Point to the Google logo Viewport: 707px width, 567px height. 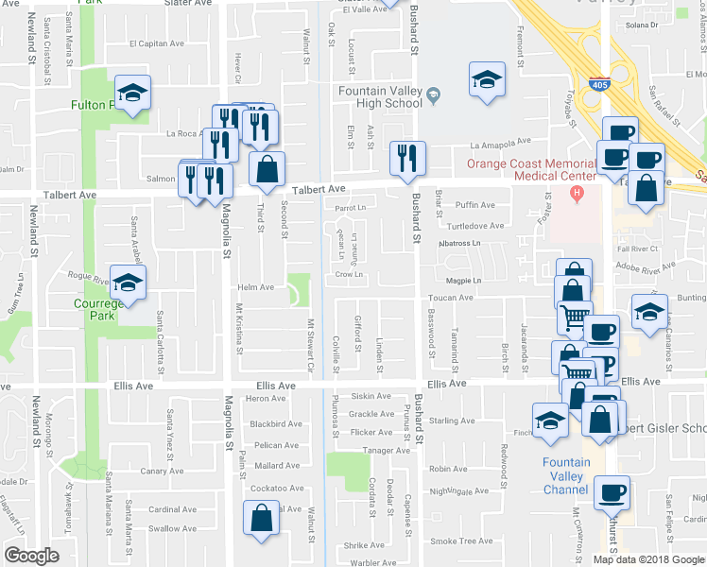tap(31, 555)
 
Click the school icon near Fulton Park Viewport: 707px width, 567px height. tap(132, 94)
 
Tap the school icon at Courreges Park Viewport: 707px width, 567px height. tap(129, 283)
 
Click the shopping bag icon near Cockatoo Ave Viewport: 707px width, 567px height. tap(261, 519)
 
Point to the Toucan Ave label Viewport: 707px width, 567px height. tap(456, 298)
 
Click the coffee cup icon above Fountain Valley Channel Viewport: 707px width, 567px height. tap(612, 492)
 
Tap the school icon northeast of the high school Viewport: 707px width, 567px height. tap(487, 80)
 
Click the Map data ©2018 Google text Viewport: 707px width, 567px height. tap(647, 559)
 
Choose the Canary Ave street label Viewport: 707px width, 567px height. tap(162, 471)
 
